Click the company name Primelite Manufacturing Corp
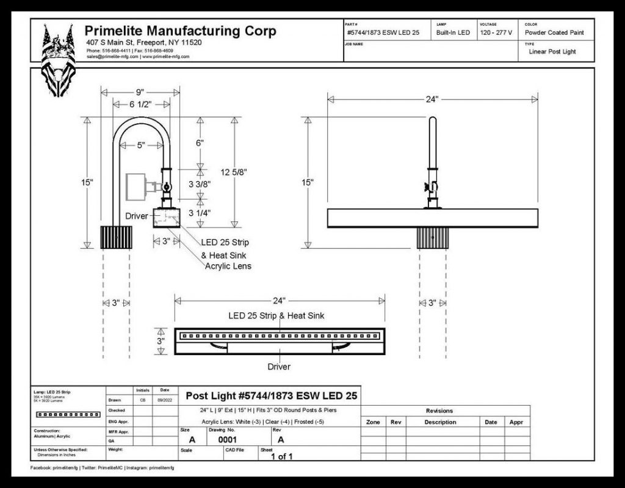click(180, 31)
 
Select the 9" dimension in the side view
click(140, 92)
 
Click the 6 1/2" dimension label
click(140, 104)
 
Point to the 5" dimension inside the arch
click(141, 145)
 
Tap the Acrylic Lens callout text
click(228, 267)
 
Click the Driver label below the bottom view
click(279, 367)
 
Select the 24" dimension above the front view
click(432, 99)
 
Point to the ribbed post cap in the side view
click(116, 237)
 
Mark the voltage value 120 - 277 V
click(496, 32)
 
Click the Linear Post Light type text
click(552, 52)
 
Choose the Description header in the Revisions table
click(440, 422)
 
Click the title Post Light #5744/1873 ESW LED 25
click(271, 396)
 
